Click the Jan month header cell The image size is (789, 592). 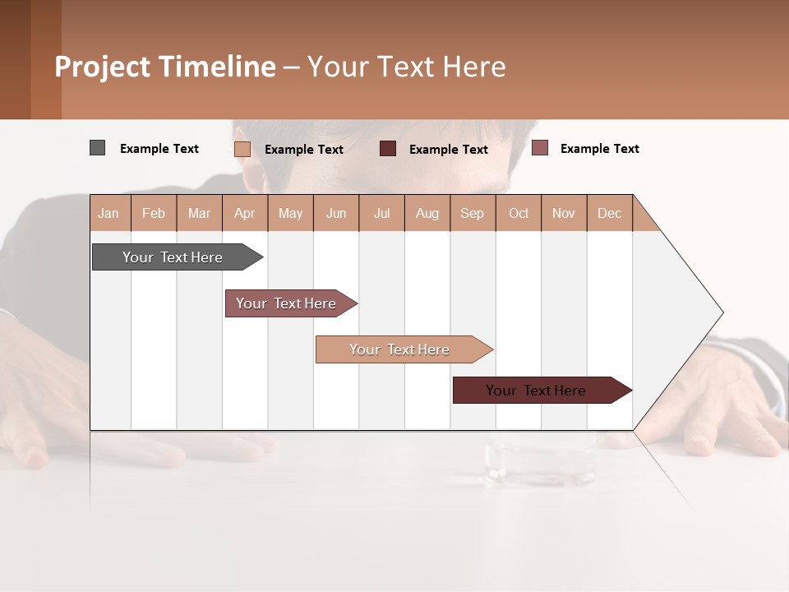pos(109,213)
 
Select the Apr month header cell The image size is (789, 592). pos(245,213)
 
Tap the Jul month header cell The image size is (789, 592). pos(381,213)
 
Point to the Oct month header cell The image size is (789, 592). pos(519,213)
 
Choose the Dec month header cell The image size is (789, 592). pos(609,213)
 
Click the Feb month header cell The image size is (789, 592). pos(154,213)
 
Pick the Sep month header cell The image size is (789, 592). pos(472,213)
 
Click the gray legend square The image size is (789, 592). pos(97,148)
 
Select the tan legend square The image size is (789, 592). pos(242,149)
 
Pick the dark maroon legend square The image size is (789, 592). pos(388,149)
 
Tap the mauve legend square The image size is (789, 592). pos(539,148)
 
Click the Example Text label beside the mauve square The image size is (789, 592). pos(599,149)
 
